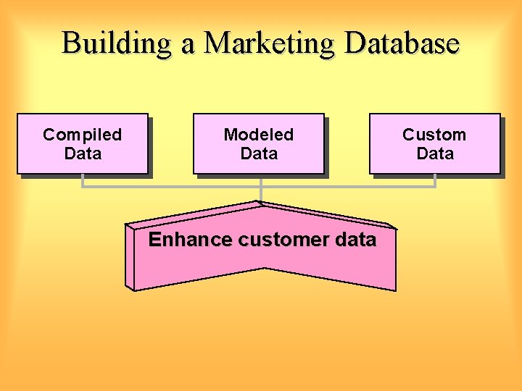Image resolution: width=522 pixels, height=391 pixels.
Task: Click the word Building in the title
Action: [x=117, y=43]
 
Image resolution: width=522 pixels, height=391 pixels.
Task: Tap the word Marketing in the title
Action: [x=269, y=43]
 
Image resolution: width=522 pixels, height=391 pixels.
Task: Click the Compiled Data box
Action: [x=82, y=143]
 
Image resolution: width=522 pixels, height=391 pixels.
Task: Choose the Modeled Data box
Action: [x=258, y=143]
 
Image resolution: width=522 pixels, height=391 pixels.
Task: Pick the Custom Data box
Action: [x=434, y=143]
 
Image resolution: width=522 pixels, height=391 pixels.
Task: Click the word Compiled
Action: [x=82, y=135]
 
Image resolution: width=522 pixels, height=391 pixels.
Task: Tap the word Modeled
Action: [x=258, y=135]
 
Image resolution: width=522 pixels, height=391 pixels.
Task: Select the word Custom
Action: [x=434, y=135]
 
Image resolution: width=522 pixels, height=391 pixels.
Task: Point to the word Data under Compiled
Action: [x=82, y=154]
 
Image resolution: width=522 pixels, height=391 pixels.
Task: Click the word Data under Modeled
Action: [x=258, y=154]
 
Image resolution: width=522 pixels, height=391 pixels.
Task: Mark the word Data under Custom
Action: [x=434, y=154]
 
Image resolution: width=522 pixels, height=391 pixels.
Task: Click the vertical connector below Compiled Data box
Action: [x=83, y=181]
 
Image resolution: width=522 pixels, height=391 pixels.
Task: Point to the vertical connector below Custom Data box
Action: [x=435, y=181]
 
